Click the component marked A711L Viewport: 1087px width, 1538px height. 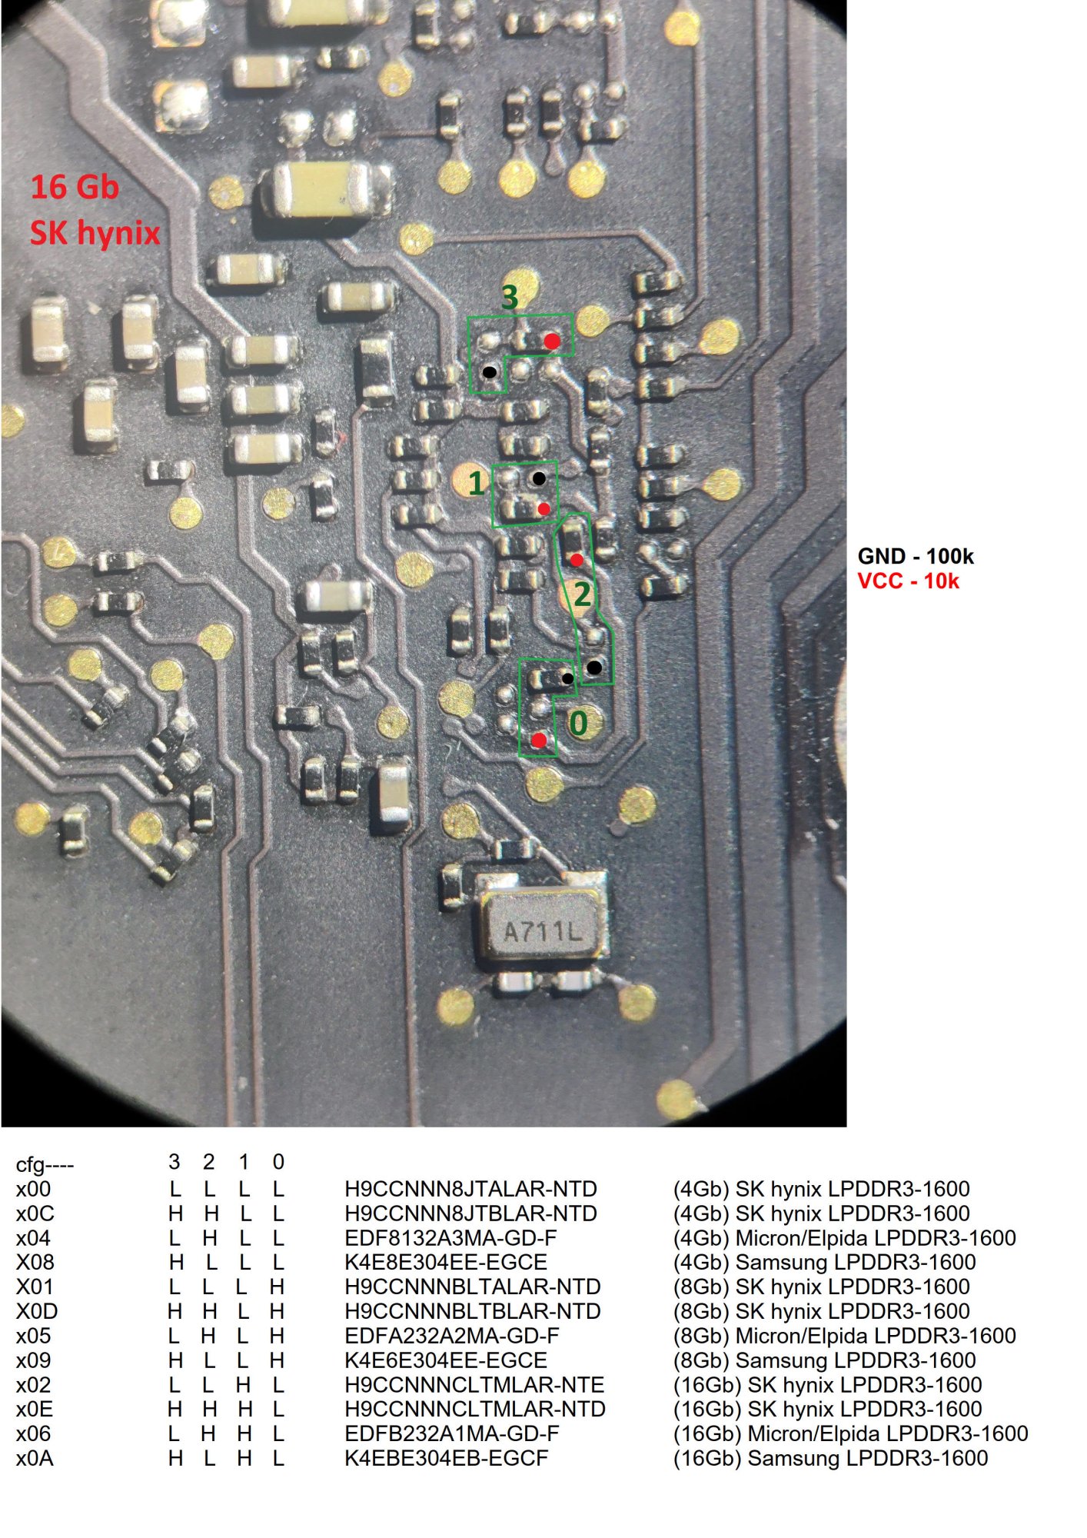[543, 931]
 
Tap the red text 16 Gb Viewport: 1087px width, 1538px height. [75, 187]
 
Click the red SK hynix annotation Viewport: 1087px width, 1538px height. [95, 232]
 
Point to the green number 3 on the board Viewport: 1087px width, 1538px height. [510, 298]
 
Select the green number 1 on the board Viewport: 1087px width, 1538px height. [477, 483]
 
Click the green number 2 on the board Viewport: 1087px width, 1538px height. [582, 594]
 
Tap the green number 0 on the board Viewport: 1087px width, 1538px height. [578, 723]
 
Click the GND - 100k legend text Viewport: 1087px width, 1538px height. [915, 556]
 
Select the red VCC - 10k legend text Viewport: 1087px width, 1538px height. [908, 581]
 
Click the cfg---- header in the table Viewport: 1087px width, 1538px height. [45, 1164]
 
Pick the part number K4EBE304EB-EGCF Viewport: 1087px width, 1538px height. [446, 1458]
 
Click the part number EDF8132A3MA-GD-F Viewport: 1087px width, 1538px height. [450, 1238]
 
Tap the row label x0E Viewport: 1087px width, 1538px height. [35, 1409]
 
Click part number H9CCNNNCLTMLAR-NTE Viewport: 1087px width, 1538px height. [474, 1385]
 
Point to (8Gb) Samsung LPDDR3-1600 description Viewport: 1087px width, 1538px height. [824, 1360]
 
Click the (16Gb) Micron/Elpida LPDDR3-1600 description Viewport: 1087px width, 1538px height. [850, 1433]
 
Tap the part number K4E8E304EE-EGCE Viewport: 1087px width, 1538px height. [446, 1262]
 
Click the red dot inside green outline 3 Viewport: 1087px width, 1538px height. [552, 341]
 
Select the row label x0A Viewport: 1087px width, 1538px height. [35, 1458]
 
